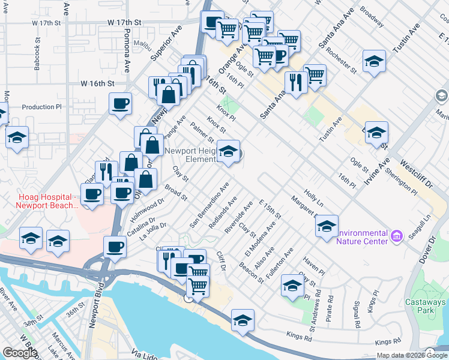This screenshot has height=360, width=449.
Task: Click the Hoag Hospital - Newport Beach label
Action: (x=40, y=201)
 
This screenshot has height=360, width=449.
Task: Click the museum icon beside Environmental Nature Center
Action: (x=396, y=237)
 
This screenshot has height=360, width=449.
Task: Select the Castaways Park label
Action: (x=427, y=306)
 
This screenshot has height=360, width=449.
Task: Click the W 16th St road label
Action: (x=97, y=83)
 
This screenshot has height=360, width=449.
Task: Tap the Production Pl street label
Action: (x=41, y=107)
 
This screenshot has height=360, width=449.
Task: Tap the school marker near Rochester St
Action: (x=374, y=61)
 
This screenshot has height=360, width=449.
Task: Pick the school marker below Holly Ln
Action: (x=326, y=226)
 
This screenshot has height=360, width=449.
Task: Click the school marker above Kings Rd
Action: (x=243, y=320)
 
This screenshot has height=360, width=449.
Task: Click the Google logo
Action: (x=20, y=353)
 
